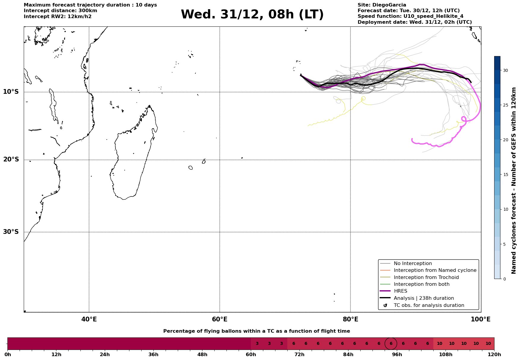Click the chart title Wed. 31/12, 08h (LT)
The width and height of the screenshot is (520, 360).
point(252,15)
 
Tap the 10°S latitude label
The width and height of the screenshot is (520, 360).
point(11,92)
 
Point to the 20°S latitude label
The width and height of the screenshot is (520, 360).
point(11,160)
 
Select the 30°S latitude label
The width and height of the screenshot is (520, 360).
point(11,232)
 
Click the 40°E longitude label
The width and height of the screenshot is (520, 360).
point(89,320)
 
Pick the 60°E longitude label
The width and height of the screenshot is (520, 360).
point(220,320)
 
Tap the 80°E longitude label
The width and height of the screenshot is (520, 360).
point(350,320)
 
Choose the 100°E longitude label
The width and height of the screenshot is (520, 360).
point(481,320)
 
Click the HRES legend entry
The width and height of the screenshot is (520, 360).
point(400,291)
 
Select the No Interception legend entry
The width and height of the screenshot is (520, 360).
point(413,264)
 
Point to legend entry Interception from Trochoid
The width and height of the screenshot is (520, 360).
point(426,277)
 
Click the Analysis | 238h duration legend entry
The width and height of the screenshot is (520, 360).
point(424,298)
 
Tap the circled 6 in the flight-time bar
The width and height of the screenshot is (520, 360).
point(391,344)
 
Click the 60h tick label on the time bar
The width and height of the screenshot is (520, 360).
point(251,355)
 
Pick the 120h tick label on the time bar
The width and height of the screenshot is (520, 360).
point(494,355)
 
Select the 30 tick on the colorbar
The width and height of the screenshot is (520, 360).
point(505,70)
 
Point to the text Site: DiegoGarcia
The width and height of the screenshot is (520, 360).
point(382,5)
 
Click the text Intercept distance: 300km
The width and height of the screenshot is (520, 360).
point(60,11)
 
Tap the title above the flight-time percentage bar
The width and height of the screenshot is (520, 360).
point(256,331)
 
